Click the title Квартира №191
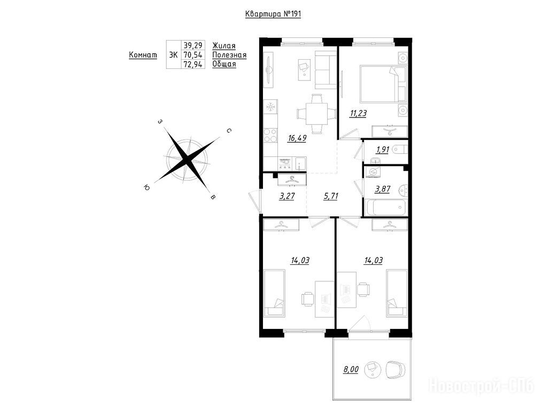point(273,14)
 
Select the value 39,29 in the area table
point(193,45)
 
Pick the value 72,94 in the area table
point(193,64)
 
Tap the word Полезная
point(229,55)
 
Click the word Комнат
point(143,55)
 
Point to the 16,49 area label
point(297,138)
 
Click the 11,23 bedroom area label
point(358,113)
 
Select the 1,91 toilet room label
point(383,150)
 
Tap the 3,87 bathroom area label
point(383,189)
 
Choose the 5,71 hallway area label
point(331,196)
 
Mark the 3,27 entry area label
point(287,196)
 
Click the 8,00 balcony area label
point(351,369)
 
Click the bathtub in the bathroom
point(385,207)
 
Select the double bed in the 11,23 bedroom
point(383,84)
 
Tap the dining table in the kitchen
point(317,114)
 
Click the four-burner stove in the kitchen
point(270,135)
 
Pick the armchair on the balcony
point(395,369)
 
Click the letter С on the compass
point(229,131)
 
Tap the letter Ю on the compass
point(146,187)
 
